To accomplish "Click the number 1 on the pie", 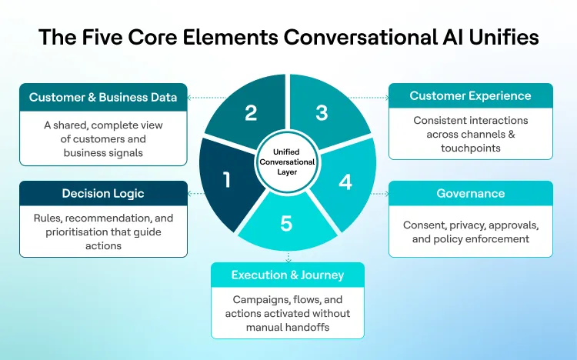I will (227, 181).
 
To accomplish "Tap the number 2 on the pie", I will (250, 113).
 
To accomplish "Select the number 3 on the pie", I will (322, 113).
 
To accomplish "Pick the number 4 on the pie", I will (345, 182).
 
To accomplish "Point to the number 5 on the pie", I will (286, 224).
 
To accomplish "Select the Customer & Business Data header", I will (103, 97).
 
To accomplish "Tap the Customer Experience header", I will (470, 96).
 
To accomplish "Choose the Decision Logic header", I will (103, 193).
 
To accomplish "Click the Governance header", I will (470, 194).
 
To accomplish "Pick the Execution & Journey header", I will (288, 275).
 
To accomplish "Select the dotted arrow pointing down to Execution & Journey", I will (288, 256).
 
